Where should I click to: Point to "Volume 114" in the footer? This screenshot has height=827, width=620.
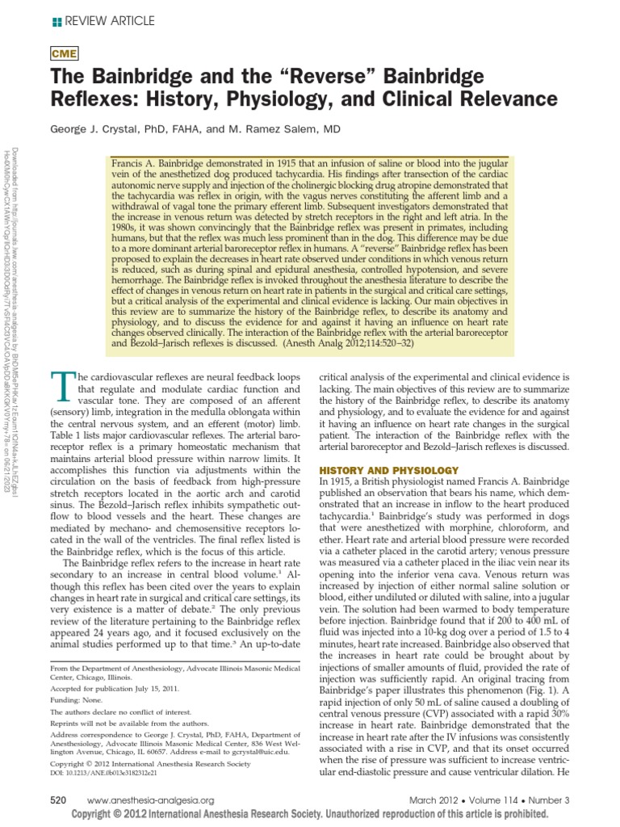click(x=505, y=799)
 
